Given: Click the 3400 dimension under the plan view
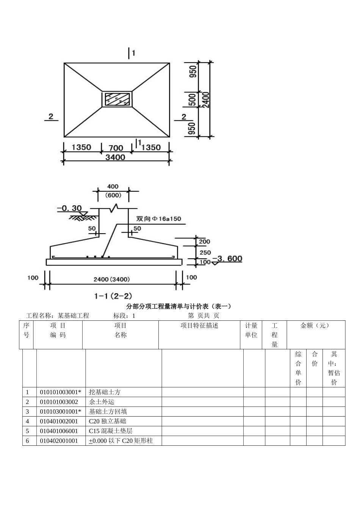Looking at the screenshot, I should coord(115,157).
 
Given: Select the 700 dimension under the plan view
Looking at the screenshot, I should coord(116,148).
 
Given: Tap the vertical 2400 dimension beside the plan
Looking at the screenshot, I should coord(206,100).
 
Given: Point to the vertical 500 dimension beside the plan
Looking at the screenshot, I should coord(193,100).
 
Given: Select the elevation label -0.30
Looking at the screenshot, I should coord(69,208).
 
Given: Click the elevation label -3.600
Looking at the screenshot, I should coord(227,259).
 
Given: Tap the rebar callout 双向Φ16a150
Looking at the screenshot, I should coord(159,219).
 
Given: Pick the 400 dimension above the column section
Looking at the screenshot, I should coord(113,186).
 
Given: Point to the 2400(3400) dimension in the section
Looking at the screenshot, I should coord(112,279).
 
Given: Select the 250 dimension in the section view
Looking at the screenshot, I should coord(205,252).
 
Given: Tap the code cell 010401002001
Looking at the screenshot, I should coord(59,421).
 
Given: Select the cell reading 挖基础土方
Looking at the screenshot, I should coord(105,392).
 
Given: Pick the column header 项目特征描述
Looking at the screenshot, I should coord(199,326).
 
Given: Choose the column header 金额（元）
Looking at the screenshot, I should coord(315,326).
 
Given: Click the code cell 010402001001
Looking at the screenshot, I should coord(59,441).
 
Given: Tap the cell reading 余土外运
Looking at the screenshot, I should coord(102,402).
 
